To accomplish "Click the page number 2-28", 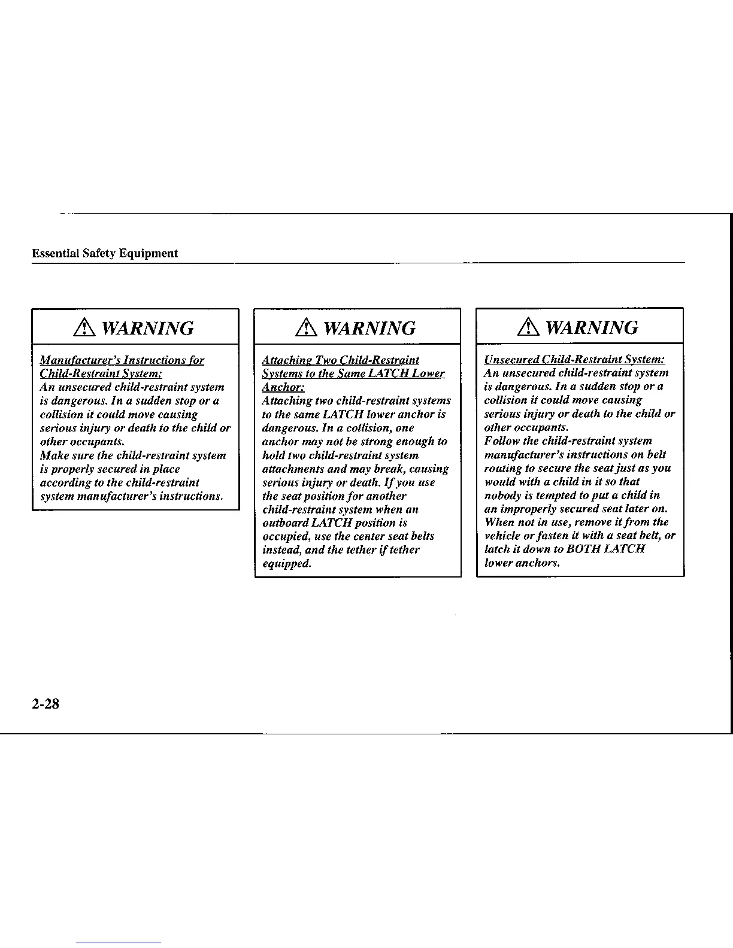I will (46, 704).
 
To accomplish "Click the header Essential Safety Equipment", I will (105, 253).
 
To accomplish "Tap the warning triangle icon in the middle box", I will (310, 328).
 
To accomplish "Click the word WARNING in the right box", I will (592, 327).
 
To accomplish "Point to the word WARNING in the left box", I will (148, 328).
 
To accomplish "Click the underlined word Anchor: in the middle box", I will (283, 387).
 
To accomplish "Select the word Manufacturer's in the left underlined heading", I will (78, 360).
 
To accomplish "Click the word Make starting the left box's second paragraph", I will (54, 455).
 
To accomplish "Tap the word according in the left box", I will (66, 482).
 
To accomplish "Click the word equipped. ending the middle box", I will (287, 564).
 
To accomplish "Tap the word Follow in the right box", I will (502, 441).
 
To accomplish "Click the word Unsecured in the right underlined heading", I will (511, 359).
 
